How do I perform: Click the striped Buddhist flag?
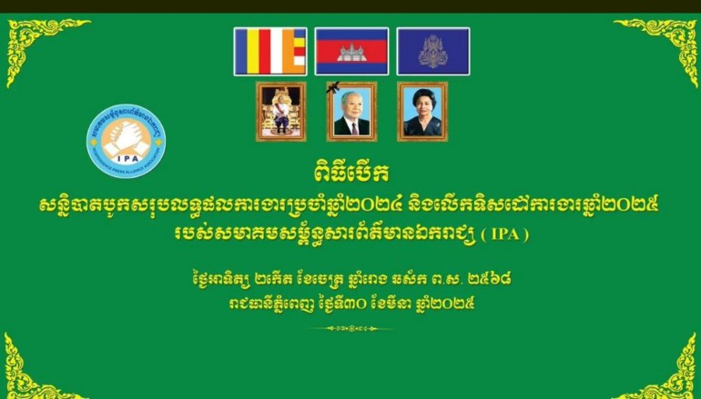point(270,51)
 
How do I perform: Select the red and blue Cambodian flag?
point(351,51)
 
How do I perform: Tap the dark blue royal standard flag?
point(432,51)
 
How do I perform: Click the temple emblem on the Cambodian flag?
point(351,52)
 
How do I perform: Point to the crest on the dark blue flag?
point(432,51)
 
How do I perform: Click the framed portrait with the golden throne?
point(280,112)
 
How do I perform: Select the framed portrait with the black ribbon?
point(351,112)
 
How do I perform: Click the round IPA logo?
point(126,141)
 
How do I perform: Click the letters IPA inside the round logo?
point(127,158)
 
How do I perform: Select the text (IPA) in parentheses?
point(504,234)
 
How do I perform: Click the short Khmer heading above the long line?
point(350,174)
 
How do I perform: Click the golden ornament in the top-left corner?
point(43,50)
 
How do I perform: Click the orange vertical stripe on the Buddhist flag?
point(288,51)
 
